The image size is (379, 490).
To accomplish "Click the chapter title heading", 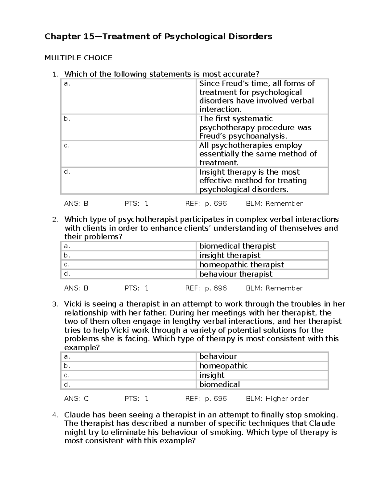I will click(158, 37).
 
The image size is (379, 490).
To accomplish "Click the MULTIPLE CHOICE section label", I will click(78, 58).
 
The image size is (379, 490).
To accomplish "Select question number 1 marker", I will click(55, 74).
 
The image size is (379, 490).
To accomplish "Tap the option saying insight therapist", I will click(230, 255).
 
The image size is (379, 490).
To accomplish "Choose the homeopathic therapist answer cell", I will click(242, 265).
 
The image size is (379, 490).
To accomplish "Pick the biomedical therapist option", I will click(237, 246).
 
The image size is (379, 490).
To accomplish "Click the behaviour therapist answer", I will click(236, 274).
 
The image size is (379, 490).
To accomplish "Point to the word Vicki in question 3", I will click(73, 304).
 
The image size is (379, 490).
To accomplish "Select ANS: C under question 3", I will click(76, 399).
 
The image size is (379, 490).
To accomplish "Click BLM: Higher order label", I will click(277, 399).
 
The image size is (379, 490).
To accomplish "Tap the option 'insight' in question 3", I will click(212, 375).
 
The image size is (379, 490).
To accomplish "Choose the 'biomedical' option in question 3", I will click(220, 384).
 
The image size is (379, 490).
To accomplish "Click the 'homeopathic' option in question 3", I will click(223, 366).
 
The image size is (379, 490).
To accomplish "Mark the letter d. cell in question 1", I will click(67, 172).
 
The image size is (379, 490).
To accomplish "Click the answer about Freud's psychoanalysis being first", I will click(255, 127).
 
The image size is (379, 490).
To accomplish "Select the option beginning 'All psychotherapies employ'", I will click(258, 154).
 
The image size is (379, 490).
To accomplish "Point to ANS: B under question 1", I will click(76, 204).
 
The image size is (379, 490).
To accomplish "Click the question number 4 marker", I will click(55, 415).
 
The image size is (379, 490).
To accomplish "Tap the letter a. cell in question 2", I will click(67, 246).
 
